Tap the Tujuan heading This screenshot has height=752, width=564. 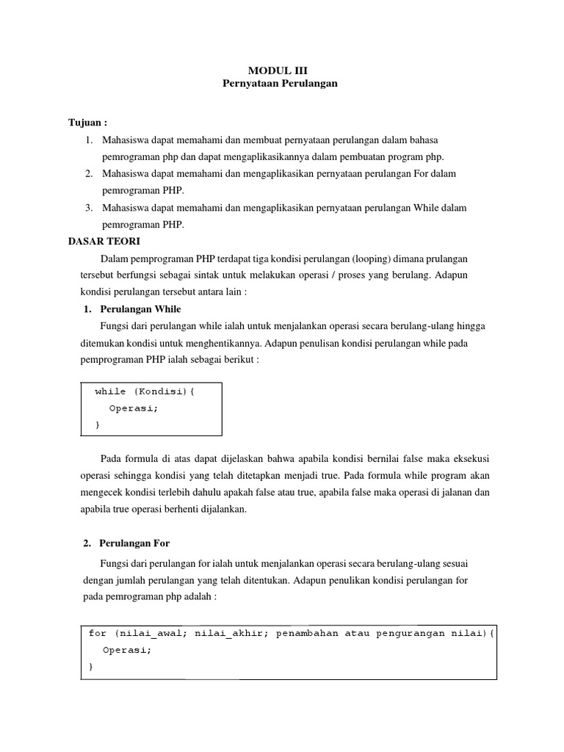(x=87, y=122)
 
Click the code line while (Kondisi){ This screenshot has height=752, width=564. (x=145, y=391)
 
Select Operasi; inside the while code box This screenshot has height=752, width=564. (x=134, y=408)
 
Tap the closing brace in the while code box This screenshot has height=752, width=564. (x=98, y=425)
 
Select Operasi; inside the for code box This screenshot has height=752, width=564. (x=127, y=650)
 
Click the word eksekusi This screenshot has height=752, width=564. (x=469, y=459)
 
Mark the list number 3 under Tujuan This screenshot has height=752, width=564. (x=89, y=208)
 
